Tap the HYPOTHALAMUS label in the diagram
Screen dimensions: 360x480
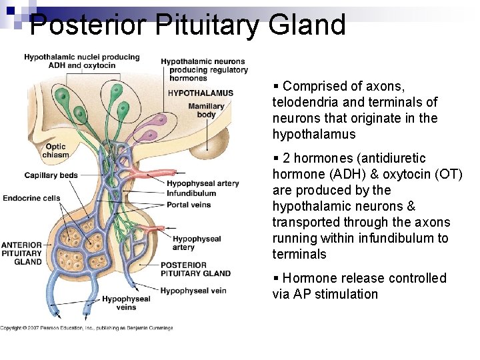201,93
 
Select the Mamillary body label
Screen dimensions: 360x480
206,110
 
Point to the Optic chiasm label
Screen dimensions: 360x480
55,151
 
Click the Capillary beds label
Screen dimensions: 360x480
51,175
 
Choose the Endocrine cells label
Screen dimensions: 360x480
31,198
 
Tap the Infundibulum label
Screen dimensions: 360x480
191,194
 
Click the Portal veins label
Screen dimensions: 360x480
189,205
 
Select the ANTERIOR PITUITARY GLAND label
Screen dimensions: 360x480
21,253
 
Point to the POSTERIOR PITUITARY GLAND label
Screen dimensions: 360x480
195,269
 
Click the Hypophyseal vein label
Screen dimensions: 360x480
193,291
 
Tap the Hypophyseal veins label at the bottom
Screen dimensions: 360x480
126,303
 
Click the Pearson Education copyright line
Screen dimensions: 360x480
87,328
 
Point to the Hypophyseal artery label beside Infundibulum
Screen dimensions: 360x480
203,184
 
